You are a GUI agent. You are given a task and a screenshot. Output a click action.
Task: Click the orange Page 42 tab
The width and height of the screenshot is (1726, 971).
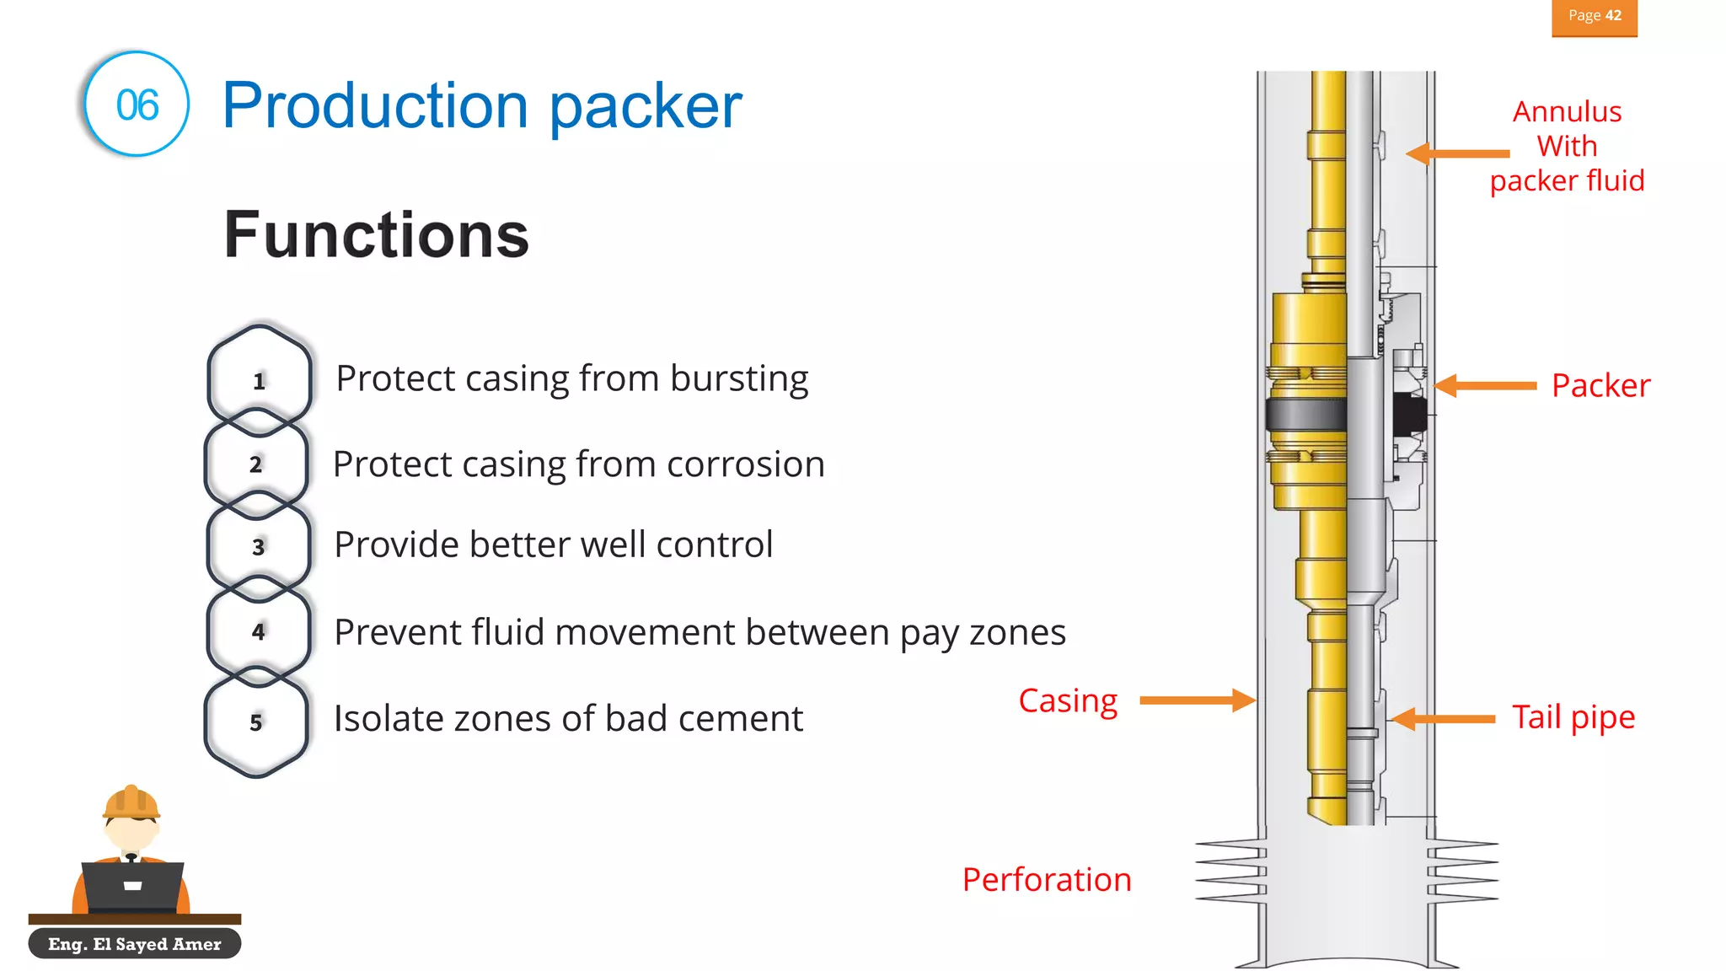pos(1594,17)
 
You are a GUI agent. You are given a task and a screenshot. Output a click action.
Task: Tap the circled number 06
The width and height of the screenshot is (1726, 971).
pos(137,105)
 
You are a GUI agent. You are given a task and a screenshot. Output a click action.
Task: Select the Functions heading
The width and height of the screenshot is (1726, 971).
pos(376,235)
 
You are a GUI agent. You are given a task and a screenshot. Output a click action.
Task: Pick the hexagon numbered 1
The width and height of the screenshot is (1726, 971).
pos(260,380)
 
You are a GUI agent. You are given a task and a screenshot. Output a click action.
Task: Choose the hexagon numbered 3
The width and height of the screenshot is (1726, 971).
pos(259,546)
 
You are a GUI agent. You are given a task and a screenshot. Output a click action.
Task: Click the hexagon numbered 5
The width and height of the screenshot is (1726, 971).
pos(256,722)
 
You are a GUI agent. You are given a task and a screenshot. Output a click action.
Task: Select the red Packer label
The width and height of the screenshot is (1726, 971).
pos(1600,386)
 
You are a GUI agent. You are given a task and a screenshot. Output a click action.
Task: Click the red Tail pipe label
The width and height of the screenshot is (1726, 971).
pos(1573,717)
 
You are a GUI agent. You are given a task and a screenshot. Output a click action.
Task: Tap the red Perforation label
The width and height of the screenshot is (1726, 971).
pos(1046,880)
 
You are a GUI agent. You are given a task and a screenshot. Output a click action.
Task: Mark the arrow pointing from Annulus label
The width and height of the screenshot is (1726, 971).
pos(1458,153)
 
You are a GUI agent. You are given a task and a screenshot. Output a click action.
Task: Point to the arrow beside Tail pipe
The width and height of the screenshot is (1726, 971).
pos(1443,719)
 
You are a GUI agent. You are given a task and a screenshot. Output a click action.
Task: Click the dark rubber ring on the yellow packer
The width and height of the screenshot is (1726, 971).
pos(1305,415)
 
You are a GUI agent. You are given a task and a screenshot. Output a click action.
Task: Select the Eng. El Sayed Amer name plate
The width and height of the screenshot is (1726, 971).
pos(135,944)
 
